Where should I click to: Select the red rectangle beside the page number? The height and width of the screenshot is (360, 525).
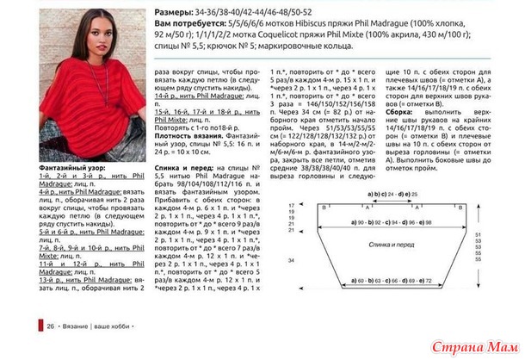click(40, 327)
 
